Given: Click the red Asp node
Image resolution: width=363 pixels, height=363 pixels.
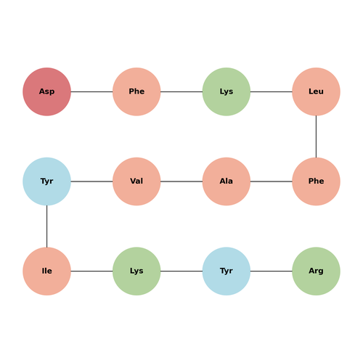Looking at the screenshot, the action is pyautogui.click(x=46, y=91).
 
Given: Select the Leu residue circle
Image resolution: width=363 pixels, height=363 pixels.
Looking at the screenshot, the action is pyautogui.click(x=316, y=91).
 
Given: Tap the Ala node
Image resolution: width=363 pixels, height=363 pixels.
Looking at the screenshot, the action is pyautogui.click(x=227, y=181).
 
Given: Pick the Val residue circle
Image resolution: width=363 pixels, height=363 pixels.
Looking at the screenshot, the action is pyautogui.click(x=136, y=181).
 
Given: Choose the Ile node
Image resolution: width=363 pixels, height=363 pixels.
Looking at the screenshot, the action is pyautogui.click(x=46, y=272).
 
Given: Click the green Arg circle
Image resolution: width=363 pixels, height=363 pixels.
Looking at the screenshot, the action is pyautogui.click(x=316, y=272).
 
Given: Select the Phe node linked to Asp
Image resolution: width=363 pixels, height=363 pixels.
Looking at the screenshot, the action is pyautogui.click(x=136, y=91).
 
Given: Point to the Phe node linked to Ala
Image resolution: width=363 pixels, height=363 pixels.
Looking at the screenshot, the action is pyautogui.click(x=316, y=181).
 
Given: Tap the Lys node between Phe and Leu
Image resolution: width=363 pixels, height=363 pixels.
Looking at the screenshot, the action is pyautogui.click(x=227, y=91).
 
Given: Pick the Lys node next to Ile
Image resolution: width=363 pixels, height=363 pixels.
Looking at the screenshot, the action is pyautogui.click(x=136, y=272).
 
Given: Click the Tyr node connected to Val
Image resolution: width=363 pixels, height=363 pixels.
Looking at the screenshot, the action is pyautogui.click(x=46, y=181).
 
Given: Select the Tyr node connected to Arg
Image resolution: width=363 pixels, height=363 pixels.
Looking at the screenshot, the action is pyautogui.click(x=227, y=272).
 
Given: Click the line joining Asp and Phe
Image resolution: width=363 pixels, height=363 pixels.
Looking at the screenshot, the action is pyautogui.click(x=91, y=91).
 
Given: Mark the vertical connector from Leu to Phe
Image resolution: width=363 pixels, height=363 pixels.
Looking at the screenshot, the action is pyautogui.click(x=316, y=136).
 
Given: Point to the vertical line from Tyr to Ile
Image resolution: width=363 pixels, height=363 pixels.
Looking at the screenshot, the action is pyautogui.click(x=46, y=227).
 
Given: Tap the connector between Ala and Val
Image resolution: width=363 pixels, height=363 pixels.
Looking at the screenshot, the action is pyautogui.click(x=181, y=181).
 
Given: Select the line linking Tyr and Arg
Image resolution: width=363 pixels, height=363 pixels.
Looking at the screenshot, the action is pyautogui.click(x=272, y=272).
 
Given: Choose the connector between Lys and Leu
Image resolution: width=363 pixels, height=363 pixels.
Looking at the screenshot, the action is pyautogui.click(x=272, y=91).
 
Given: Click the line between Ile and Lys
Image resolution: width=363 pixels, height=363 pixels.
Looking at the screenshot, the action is pyautogui.click(x=91, y=272).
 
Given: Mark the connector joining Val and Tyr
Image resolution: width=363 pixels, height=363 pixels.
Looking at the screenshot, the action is pyautogui.click(x=91, y=181).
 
